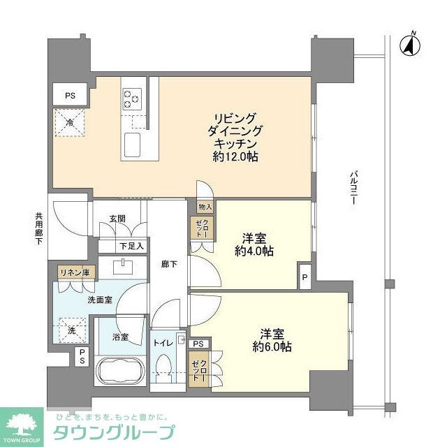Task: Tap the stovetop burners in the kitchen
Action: tap(131, 97)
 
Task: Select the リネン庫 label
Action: tap(73, 273)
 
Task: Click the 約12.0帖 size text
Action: tap(235, 157)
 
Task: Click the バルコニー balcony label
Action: tap(354, 186)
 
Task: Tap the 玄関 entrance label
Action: tap(117, 219)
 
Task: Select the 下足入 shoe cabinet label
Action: tap(131, 245)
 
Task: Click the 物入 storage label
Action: tap(205, 207)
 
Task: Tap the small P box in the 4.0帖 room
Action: tap(305, 276)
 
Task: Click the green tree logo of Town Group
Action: tap(23, 423)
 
